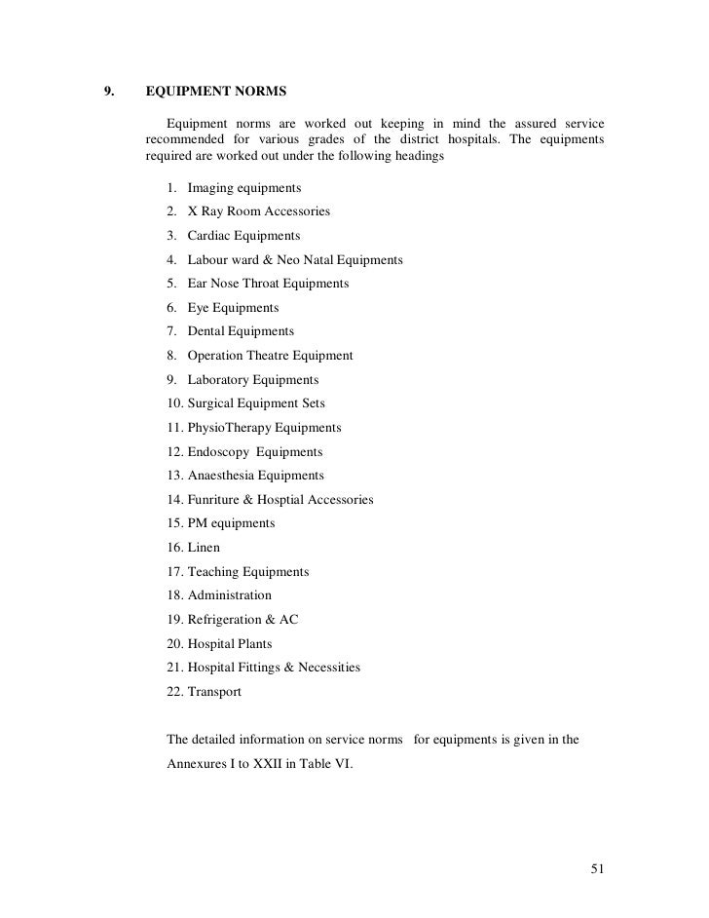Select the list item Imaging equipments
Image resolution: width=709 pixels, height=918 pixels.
[x=243, y=187]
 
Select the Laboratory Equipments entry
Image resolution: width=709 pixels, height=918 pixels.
[x=252, y=380]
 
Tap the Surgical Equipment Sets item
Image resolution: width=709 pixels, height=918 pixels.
[x=256, y=403]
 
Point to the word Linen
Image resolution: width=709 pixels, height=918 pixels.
[x=204, y=548]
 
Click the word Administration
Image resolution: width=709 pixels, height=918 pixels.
[x=229, y=595]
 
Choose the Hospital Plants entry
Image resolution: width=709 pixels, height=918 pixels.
[x=229, y=644]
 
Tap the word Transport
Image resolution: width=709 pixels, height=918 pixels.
[x=214, y=692]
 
